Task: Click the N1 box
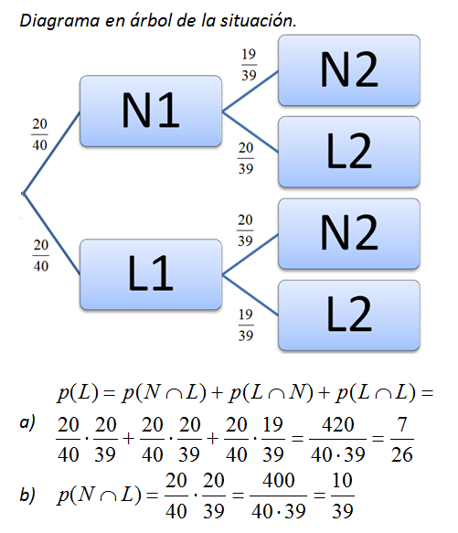(x=151, y=112)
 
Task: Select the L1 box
(x=151, y=274)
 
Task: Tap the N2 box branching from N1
(x=349, y=70)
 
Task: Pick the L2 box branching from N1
(x=349, y=152)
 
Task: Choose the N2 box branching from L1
(x=349, y=234)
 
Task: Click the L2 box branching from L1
(x=349, y=315)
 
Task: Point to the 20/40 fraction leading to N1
(x=39, y=134)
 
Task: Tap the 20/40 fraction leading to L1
(x=41, y=255)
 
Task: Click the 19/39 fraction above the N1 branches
(x=249, y=65)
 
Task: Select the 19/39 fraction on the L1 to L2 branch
(x=246, y=325)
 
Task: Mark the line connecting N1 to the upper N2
(x=250, y=91)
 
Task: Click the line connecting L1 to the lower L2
(x=250, y=295)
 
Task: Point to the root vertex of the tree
(x=23, y=194)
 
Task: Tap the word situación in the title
(x=259, y=20)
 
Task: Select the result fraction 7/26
(x=402, y=439)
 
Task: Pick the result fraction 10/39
(x=343, y=496)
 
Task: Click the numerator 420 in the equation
(x=338, y=425)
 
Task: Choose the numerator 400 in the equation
(x=279, y=481)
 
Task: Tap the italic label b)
(x=27, y=495)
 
